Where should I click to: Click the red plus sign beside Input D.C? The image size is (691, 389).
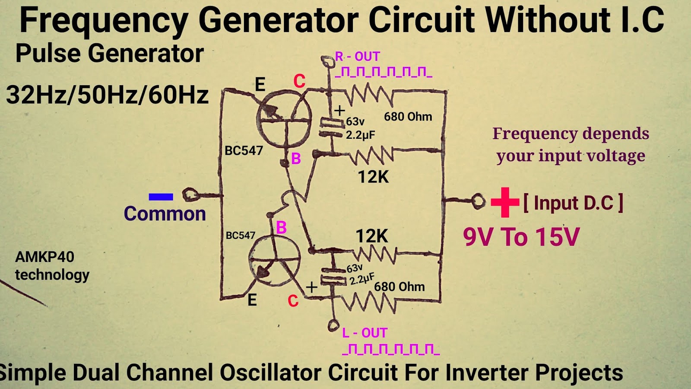[504, 202]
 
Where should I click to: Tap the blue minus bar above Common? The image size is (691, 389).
[161, 197]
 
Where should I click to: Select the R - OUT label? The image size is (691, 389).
[358, 57]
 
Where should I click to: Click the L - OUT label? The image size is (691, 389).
[365, 333]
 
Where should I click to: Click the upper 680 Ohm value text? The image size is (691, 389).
[408, 117]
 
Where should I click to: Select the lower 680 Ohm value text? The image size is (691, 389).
[399, 287]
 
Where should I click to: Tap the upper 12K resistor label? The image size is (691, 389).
[373, 177]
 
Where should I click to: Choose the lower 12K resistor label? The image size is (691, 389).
[371, 236]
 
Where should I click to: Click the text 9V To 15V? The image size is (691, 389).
[521, 237]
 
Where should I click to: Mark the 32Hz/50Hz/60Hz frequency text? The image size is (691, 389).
[107, 95]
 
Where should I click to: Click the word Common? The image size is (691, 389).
[165, 214]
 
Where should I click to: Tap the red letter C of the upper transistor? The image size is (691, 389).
[299, 81]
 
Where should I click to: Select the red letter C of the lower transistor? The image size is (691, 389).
[293, 301]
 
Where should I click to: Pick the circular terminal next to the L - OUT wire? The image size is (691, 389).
[333, 325]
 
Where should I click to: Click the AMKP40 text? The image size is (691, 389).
[44, 257]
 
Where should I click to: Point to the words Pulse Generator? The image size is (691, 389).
[109, 54]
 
